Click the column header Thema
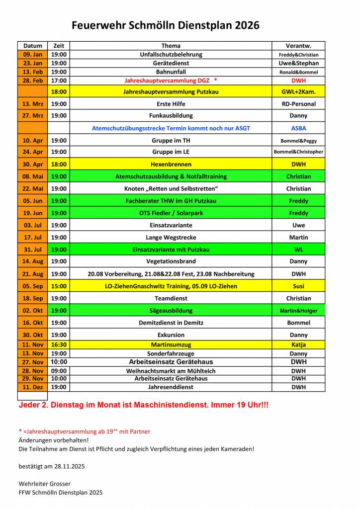click(171, 46)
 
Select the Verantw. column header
click(298, 46)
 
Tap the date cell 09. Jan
click(33, 55)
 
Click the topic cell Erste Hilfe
click(171, 104)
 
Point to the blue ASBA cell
click(298, 128)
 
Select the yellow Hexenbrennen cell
click(171, 164)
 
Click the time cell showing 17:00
click(59, 80)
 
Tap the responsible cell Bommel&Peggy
click(298, 141)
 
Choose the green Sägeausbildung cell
click(171, 311)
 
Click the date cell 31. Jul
click(33, 250)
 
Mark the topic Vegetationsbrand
click(171, 261)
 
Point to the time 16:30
click(59, 344)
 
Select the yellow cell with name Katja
click(298, 344)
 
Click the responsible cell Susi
click(298, 286)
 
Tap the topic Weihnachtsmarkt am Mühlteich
click(171, 371)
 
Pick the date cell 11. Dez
click(33, 387)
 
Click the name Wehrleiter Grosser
click(44, 484)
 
